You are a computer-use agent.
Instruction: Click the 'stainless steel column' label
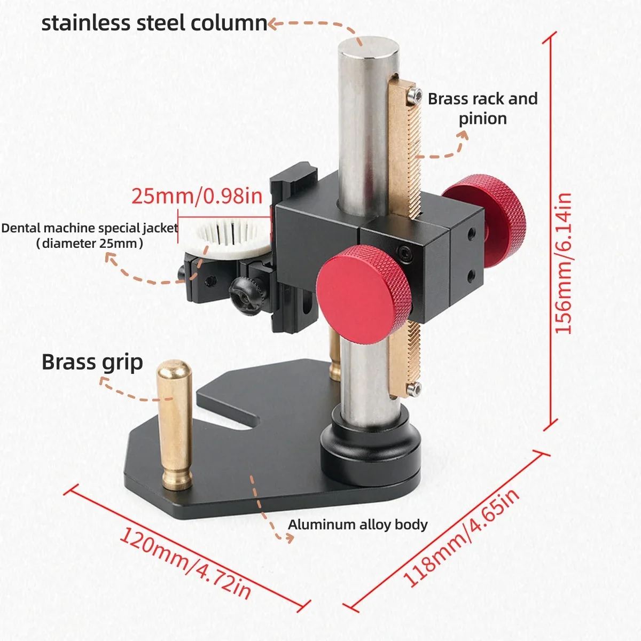[154, 24]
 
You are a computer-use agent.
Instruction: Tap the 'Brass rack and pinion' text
[483, 108]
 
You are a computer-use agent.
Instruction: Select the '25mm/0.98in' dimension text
[197, 196]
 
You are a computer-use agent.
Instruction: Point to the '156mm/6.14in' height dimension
[564, 263]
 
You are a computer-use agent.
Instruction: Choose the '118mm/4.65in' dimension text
[461, 537]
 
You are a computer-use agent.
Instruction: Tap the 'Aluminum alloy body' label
[357, 525]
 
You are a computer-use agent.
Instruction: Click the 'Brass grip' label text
[92, 362]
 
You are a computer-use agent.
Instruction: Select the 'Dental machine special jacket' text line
[90, 228]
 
